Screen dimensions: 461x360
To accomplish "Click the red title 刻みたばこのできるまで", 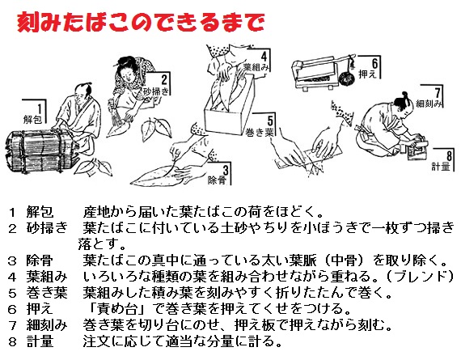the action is (141, 22).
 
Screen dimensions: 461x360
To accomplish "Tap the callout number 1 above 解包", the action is (40, 107).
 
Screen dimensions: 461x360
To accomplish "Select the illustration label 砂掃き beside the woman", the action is (156, 91).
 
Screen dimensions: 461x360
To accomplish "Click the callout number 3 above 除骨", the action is (225, 170).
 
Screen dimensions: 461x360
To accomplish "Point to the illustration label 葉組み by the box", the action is (256, 67).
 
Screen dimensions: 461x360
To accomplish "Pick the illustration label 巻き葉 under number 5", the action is (260, 133).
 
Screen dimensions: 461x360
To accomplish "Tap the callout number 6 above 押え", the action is (374, 63).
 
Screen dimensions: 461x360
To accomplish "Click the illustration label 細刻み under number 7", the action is (429, 104).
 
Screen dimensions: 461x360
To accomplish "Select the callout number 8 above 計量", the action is (449, 155).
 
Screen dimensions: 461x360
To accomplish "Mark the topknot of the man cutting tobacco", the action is (405, 95).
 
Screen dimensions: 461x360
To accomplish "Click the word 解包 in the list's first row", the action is (40, 212).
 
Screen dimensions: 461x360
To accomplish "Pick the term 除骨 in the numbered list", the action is (40, 260).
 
